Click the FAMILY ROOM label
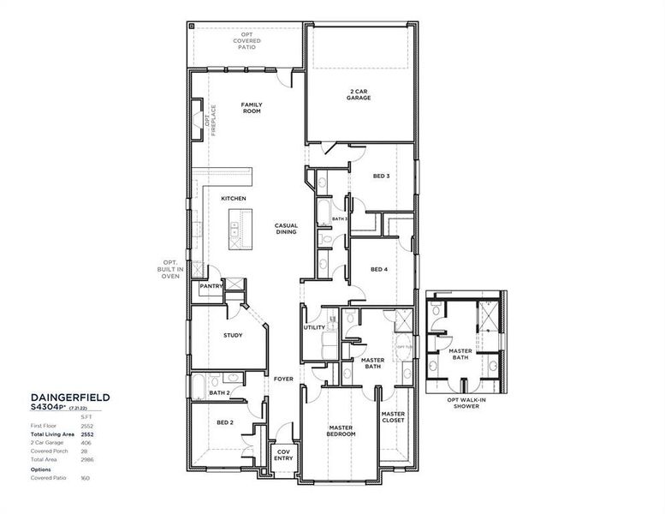pos(251,108)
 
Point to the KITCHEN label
pos(234,199)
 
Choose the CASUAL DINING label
pos(286,229)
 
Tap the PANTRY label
pos(211,286)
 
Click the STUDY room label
pos(233,335)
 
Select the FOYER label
pos(283,379)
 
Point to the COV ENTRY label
pos(284,455)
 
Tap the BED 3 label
pos(381,176)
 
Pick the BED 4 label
pos(379,269)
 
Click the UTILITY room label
pos(313,327)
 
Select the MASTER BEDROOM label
pos(341,430)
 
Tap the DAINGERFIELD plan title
pos(70,397)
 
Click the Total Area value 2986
pos(86,460)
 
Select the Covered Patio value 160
pos(85,477)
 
